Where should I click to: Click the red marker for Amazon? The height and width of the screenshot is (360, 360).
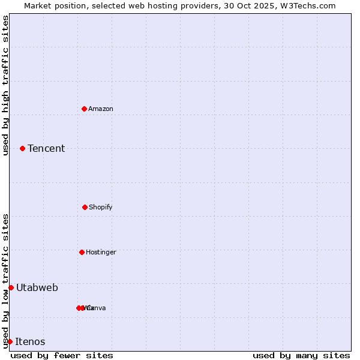click(84, 109)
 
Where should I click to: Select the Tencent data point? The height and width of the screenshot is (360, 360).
click(22, 148)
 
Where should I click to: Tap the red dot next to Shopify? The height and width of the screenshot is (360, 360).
click(85, 207)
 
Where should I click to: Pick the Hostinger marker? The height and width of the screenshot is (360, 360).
click(82, 252)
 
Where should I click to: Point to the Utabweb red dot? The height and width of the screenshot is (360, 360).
click(11, 287)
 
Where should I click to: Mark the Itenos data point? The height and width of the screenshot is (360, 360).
click(10, 341)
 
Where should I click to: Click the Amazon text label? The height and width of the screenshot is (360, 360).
click(100, 109)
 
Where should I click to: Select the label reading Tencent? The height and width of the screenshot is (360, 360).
click(46, 148)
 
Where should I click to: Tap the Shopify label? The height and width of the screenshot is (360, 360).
click(100, 207)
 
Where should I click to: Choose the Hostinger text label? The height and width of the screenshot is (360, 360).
click(101, 252)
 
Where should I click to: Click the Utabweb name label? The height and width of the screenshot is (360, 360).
click(37, 287)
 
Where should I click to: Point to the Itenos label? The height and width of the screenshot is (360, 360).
click(30, 341)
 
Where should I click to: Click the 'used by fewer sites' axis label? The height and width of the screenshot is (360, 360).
click(62, 355)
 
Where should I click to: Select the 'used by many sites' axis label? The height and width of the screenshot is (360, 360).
click(301, 355)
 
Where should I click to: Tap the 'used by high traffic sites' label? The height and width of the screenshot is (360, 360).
click(5, 85)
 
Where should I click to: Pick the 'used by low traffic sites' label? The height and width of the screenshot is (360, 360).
click(5, 280)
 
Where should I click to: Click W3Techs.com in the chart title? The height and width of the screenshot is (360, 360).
click(310, 5)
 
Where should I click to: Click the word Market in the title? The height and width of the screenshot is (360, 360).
click(38, 5)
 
